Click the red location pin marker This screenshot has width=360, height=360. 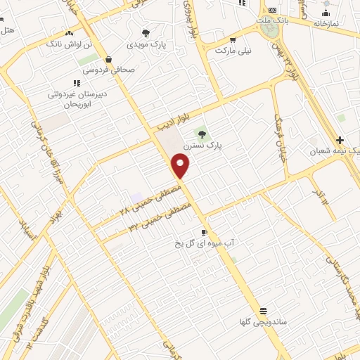pos(181,166)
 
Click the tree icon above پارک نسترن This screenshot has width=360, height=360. pos(202,133)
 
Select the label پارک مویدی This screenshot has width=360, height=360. pos(147,44)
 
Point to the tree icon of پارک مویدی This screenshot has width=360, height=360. pos(146,33)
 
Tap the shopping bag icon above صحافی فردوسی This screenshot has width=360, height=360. pos(108,60)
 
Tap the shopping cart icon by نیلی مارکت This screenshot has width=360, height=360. pos(243,40)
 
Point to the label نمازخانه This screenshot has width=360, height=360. pos(326,23)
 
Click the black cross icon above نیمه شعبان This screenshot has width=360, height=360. pos(340,141)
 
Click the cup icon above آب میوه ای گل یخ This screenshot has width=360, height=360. pos(204,231)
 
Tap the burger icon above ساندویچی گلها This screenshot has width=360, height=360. pos(263,311)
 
